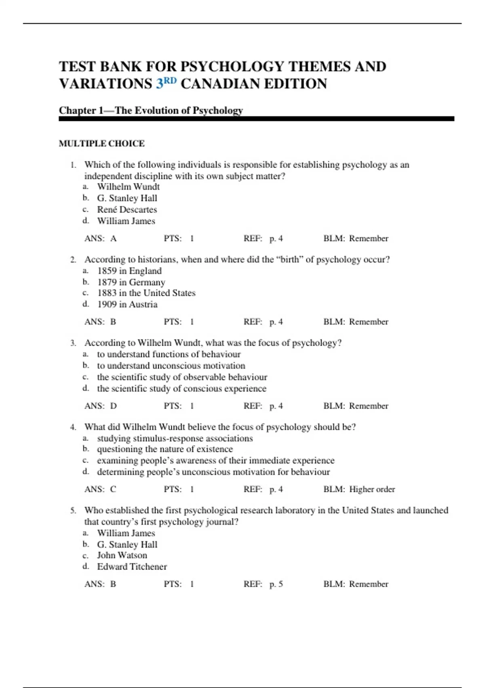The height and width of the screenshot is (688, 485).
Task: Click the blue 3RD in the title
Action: point(166,83)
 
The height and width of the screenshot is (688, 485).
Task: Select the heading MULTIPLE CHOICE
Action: point(101,144)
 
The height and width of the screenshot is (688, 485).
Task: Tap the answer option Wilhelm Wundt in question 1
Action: point(128,187)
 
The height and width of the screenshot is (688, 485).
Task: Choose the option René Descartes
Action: point(127,210)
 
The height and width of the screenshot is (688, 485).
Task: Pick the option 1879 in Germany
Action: point(131,282)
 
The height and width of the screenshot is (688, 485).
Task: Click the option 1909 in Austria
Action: point(127,304)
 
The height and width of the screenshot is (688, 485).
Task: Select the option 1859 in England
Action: point(129,271)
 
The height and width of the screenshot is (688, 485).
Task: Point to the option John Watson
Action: point(122,555)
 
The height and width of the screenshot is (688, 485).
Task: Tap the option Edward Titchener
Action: point(132,567)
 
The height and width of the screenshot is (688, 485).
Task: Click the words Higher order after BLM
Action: point(372,489)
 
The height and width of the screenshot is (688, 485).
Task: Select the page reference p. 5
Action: point(276,584)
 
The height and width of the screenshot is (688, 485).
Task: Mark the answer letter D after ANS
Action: point(113,406)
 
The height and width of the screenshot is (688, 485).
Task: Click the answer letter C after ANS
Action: point(113,489)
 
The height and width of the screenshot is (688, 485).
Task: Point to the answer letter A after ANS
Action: point(113,238)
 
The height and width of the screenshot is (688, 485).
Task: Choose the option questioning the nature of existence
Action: point(164,449)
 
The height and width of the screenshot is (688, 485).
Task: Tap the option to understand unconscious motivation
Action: point(171,366)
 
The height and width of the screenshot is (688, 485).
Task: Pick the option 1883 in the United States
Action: point(146,293)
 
